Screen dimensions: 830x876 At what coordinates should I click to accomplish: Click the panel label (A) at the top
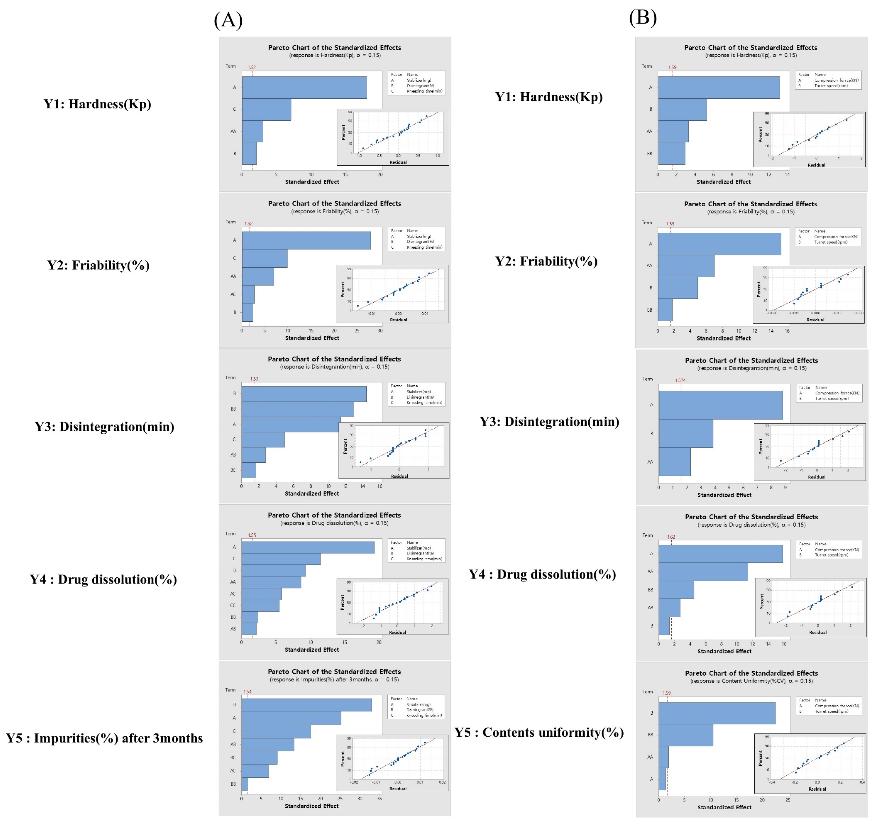(228, 20)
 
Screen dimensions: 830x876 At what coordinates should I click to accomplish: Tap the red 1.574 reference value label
(680, 380)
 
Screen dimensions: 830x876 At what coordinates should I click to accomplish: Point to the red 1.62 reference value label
(671, 537)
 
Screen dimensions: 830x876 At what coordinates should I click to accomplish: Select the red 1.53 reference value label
(254, 379)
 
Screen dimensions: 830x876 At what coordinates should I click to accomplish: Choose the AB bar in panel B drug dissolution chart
(669, 607)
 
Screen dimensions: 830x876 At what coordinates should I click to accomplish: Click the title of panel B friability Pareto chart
(750, 204)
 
